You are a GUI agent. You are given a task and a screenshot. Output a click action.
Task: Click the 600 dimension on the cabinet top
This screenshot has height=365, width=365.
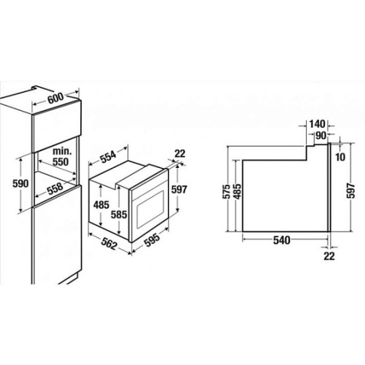pos(55,98)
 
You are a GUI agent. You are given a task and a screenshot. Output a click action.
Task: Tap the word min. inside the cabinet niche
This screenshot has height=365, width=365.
pos(62,151)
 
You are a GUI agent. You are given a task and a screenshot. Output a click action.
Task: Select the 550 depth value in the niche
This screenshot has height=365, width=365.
pos(61,162)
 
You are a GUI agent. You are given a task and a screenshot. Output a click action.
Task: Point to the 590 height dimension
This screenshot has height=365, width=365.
pos(20,184)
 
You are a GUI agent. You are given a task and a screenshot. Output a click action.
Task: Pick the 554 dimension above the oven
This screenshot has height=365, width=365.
pos(108,156)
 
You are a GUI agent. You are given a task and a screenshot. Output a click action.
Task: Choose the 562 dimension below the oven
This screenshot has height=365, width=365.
pos(109,244)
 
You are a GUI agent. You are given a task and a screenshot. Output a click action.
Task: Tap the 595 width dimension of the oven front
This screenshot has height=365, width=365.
pos(152,239)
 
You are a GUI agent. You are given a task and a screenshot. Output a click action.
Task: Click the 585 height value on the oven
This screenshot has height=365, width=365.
pos(119,215)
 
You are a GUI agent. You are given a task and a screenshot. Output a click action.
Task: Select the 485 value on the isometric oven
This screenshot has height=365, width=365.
pos(101,205)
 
